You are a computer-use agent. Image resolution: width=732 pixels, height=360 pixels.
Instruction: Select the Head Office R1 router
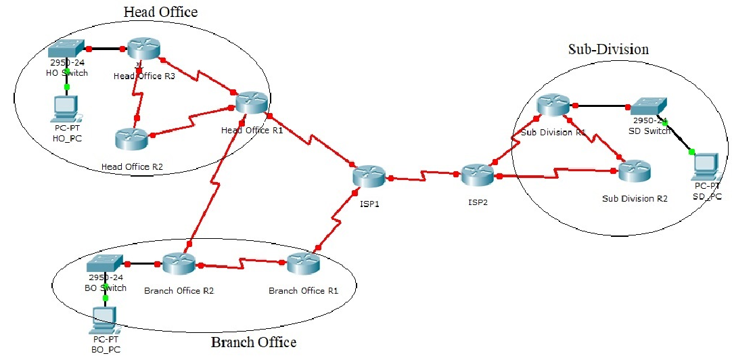click(252, 102)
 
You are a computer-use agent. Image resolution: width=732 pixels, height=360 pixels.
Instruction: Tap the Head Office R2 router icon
click(131, 139)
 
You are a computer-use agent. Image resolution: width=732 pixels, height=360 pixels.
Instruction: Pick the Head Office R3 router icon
click(142, 48)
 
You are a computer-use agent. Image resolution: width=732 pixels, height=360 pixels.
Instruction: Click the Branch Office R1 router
click(302, 264)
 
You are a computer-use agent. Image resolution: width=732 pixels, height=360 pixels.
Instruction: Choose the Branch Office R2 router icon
click(179, 264)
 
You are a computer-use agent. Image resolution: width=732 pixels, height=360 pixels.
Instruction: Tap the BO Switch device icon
click(105, 263)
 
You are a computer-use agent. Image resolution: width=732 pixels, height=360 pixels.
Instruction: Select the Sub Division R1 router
click(553, 106)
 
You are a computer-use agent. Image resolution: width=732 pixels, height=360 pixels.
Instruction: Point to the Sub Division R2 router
click(635, 171)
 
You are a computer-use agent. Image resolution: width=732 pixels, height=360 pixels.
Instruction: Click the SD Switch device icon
click(648, 106)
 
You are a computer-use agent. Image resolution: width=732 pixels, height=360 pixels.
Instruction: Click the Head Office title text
click(160, 12)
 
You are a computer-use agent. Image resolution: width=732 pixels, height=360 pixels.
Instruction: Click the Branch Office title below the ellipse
click(254, 342)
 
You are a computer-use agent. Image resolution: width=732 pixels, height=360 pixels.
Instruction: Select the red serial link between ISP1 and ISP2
click(424, 178)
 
